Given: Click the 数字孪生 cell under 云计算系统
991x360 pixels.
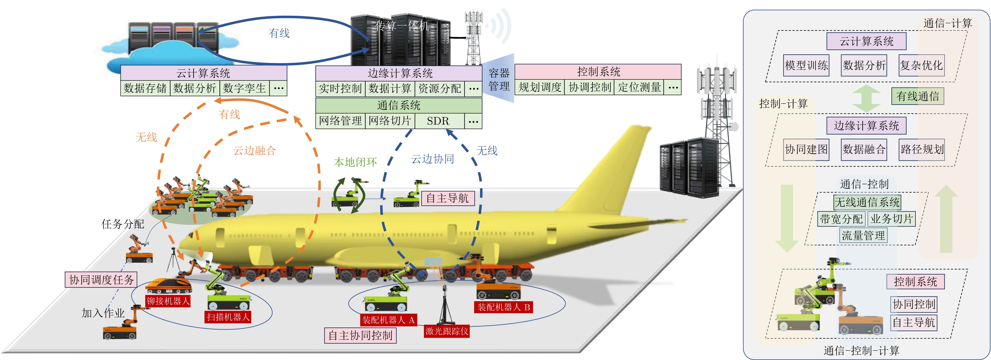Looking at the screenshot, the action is pos(245,88).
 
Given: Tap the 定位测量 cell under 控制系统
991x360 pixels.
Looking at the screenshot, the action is pos(639,87).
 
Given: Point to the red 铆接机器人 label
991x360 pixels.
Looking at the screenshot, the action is pos(168,301).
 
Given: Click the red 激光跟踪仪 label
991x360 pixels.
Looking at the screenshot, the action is pos(447,331).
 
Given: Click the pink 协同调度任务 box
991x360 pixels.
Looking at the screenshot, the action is pos(101,280).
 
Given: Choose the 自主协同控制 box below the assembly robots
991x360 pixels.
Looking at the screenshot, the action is pos(360,335).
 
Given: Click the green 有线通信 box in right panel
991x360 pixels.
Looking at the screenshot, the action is pos(918,96).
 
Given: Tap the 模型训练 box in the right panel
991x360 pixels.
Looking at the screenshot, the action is pos(806,65).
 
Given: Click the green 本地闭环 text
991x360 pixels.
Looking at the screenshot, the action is pos(355,162).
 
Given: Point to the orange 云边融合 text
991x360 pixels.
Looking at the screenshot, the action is pos(255,151).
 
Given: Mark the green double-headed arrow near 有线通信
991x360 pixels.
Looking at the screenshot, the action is pos(866,99).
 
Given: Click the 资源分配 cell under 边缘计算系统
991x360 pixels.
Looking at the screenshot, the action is pos(439,88).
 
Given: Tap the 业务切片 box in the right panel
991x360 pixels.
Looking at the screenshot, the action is pos(892,219).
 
